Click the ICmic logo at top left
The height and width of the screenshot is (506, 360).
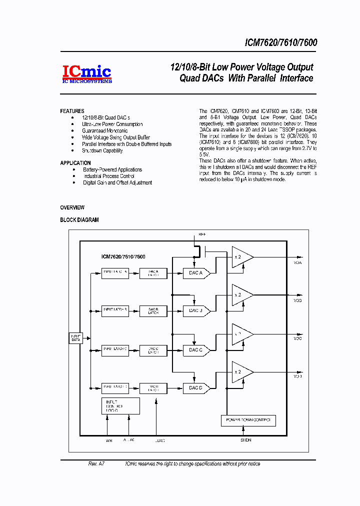coord(86,74)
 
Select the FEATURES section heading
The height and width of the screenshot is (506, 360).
coord(72,111)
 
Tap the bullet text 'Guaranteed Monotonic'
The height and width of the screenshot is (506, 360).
coord(105,131)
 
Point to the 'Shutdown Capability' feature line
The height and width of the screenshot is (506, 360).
coord(102,150)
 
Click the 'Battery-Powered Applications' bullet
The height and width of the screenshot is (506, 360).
coord(112,170)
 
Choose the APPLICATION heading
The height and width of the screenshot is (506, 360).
coord(75,163)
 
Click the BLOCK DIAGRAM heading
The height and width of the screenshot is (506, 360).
coord(79,220)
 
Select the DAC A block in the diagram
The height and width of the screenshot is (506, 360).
coord(193,273)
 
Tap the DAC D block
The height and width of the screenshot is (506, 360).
coord(193,387)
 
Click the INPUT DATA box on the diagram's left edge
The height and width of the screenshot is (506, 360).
coord(76,338)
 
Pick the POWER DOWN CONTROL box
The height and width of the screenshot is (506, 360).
coord(248,420)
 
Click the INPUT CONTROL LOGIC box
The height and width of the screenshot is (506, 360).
coord(120,406)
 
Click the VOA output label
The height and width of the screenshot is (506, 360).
coord(298,262)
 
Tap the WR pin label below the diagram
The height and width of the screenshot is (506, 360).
coord(109,441)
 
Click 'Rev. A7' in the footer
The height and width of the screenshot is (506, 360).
coord(96,464)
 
